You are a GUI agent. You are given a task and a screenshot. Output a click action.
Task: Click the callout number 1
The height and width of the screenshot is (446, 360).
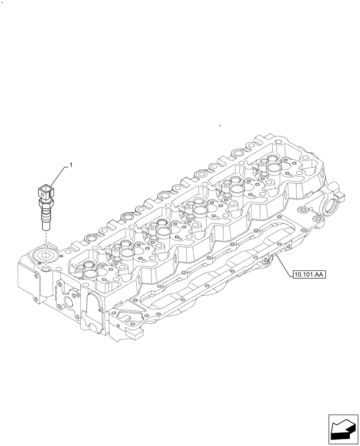pyautogui.click(x=70, y=165)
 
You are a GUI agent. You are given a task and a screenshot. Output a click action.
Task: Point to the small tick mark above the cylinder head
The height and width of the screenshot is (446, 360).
pyautogui.click(x=220, y=126)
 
